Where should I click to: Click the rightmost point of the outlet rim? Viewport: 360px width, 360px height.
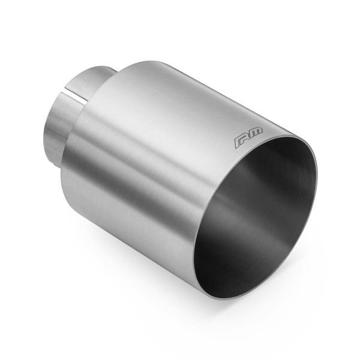316,180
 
